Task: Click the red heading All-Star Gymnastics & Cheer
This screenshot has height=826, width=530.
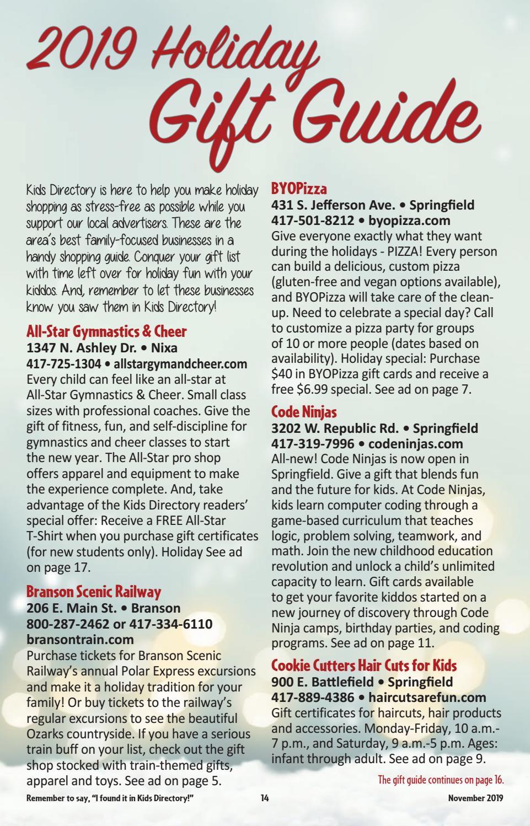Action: (106, 331)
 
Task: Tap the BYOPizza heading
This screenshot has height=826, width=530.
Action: (299, 189)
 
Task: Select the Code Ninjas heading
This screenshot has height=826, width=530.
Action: (304, 412)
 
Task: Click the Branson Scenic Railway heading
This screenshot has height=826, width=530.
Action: (94, 592)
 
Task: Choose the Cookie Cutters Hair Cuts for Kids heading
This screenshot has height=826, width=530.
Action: (364, 666)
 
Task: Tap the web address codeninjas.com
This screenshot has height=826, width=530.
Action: (415, 443)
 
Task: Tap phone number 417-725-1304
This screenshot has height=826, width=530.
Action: (64, 364)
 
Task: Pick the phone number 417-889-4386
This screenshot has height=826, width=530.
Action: (309, 698)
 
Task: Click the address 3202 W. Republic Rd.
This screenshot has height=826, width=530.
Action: (336, 428)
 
